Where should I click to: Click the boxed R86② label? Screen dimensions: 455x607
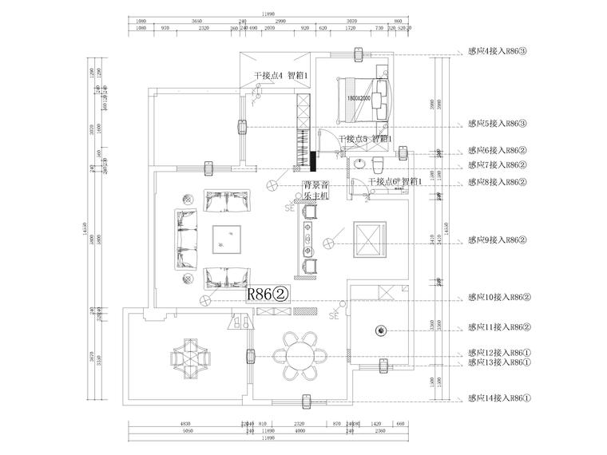[268, 294]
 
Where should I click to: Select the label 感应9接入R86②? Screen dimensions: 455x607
[498, 239]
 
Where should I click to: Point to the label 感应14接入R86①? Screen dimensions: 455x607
[498, 398]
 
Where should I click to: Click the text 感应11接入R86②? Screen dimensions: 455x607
[498, 327]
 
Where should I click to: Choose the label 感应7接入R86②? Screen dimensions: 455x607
[498, 165]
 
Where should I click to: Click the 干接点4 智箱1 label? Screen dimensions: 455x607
[281, 76]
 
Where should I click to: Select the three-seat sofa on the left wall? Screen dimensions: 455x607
[186, 238]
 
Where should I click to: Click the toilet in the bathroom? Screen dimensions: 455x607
[378, 166]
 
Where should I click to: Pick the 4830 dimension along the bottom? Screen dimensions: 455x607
[185, 424]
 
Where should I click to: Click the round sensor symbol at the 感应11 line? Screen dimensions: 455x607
[381, 330]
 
